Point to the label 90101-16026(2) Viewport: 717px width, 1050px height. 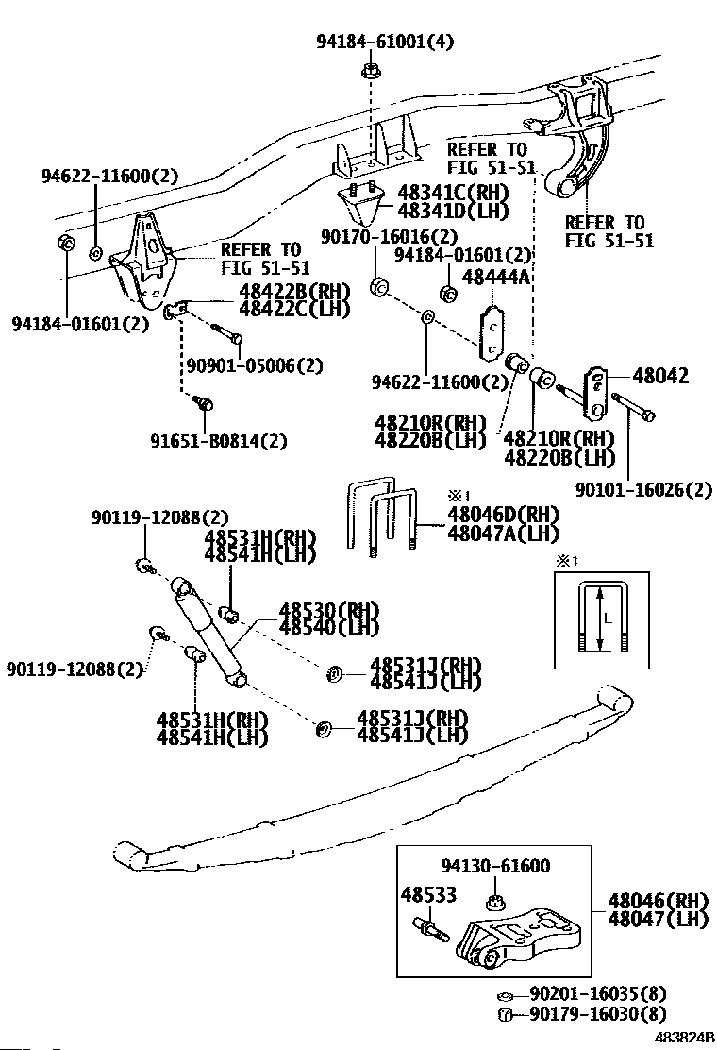pos(644,488)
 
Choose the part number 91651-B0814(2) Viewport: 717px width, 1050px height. pos(218,440)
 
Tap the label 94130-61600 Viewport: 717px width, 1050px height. pos(495,866)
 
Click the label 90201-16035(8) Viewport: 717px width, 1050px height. pos(597,993)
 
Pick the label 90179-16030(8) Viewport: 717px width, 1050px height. pos(597,1014)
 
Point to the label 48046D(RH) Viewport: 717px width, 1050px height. pos(503,514)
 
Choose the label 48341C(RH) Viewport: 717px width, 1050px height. pos(453,193)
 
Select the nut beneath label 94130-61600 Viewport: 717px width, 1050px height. pos(495,897)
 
